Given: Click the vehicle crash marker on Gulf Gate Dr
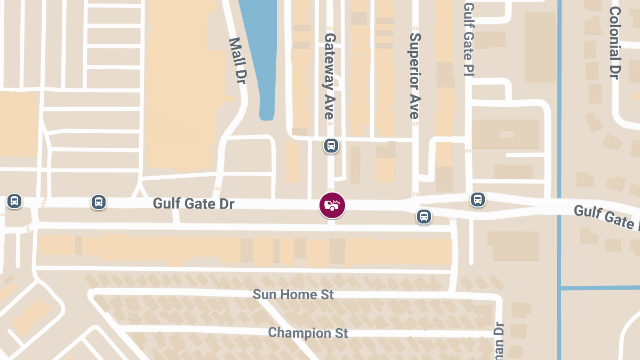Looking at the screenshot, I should [332, 205].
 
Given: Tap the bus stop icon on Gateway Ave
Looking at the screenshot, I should [331, 145].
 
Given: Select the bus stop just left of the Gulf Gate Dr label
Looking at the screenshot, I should [98, 202].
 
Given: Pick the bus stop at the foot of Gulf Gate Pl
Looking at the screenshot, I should [477, 199].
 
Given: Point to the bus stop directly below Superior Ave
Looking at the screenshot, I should [424, 217].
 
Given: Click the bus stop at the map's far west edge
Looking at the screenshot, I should [14, 201].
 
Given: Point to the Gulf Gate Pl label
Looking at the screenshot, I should [469, 38].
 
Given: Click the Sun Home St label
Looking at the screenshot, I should [293, 294].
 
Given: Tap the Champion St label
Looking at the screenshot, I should [308, 333].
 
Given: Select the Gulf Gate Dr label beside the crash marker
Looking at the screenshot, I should [194, 204].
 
